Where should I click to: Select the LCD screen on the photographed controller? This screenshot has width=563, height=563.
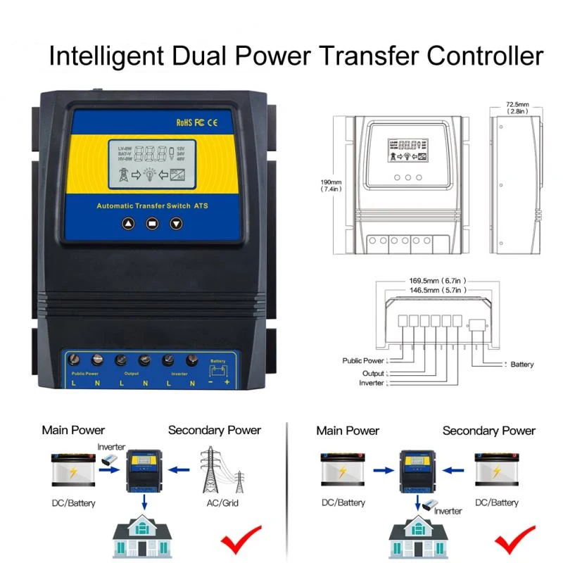click(x=152, y=165)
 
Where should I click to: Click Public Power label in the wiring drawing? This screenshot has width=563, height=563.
click(x=362, y=360)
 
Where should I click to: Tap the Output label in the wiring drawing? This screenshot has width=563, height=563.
click(x=373, y=373)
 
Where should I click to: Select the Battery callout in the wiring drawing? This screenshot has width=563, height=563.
click(x=522, y=364)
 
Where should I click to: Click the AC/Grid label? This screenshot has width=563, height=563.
click(x=222, y=503)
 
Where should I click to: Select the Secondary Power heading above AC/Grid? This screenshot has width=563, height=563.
click(x=215, y=430)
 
